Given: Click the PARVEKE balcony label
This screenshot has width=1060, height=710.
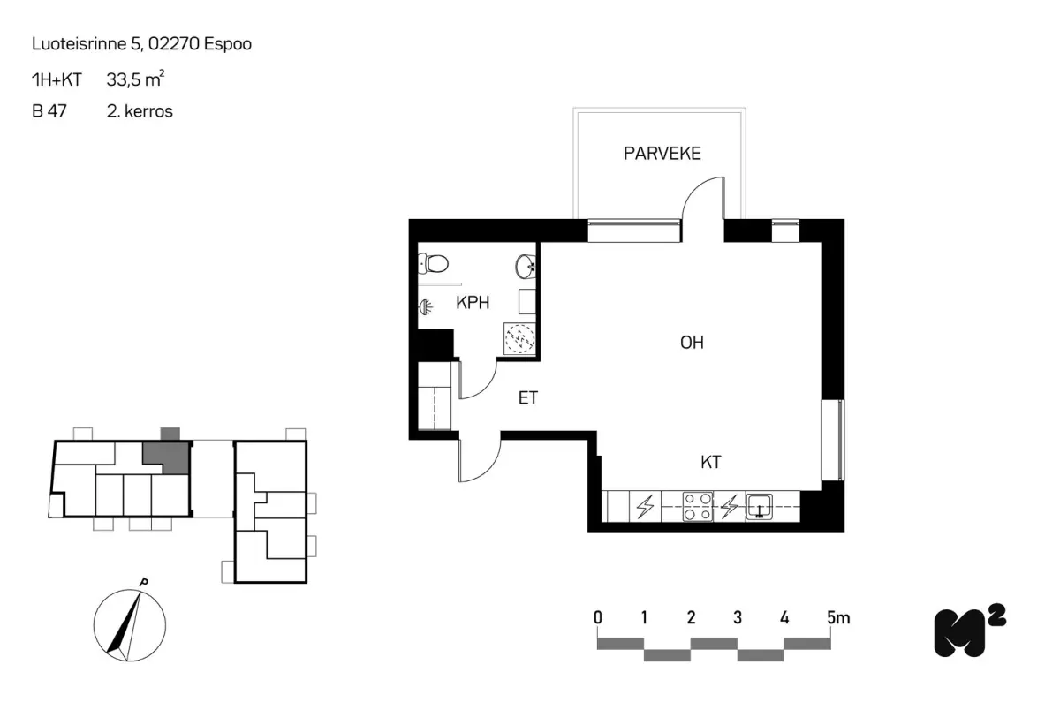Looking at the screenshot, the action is tap(662, 154).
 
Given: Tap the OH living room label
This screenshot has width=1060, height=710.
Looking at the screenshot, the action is tap(692, 343).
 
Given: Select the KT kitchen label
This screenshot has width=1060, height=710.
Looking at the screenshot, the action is tap(711, 462).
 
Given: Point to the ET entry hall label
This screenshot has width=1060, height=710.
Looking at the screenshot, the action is tap(528, 397).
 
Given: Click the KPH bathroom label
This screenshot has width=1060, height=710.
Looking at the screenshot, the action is tap(473, 303).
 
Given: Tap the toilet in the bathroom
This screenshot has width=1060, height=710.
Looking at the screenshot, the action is tap(433, 263).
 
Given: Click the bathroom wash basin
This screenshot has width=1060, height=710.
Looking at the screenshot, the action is tap(526, 267).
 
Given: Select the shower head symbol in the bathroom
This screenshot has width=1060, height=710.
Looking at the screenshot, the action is tap(426, 307).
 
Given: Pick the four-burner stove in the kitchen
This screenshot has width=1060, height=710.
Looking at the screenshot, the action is tap(698, 507).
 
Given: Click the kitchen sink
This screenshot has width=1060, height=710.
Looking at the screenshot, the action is tap(759, 507).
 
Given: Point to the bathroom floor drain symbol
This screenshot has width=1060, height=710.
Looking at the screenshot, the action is tap(519, 338).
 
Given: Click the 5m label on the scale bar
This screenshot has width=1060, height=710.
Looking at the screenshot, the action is tap(838, 618).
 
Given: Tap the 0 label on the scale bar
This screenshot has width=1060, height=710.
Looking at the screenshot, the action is tap(598, 618).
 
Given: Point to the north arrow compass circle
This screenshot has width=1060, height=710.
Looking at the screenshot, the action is tap(130, 625).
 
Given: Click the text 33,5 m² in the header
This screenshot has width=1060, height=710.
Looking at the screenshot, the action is tap(135, 79).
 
